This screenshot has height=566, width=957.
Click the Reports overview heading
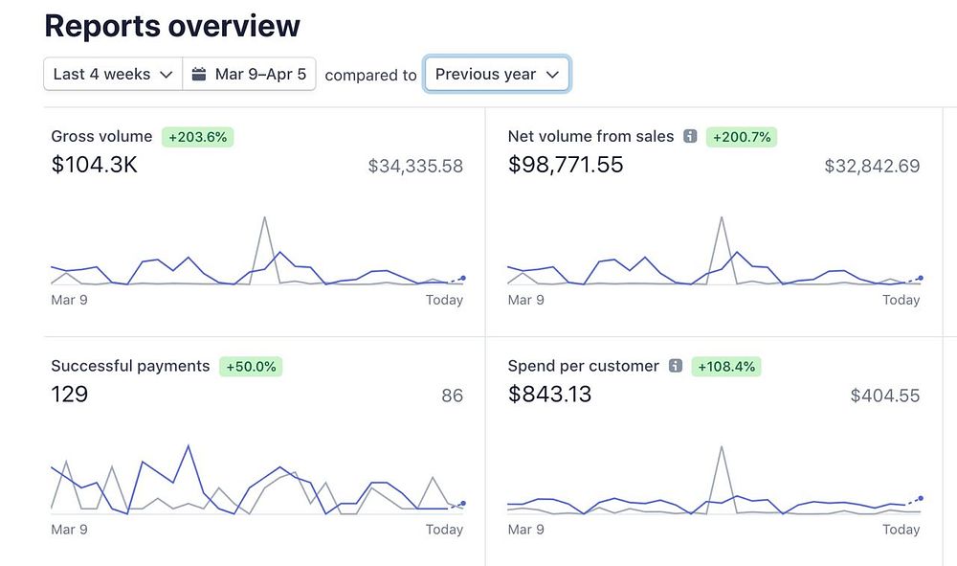pos(172,26)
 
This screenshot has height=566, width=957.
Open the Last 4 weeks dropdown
pos(113,74)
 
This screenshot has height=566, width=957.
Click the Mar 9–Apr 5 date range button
pos(249,74)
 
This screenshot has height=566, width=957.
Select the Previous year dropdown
pos(497,74)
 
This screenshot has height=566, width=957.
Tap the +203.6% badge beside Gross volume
pos(197,137)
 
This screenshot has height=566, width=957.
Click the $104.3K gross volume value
pos(94,165)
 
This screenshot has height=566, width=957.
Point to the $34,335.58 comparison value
pos(415,166)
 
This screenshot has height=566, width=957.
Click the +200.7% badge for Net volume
pos(741,137)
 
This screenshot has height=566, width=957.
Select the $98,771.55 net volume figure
pos(566,165)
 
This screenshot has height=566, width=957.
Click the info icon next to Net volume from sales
pos(690,137)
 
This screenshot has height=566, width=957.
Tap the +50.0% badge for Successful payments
pos(252,366)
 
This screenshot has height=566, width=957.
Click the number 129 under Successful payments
pos(69,394)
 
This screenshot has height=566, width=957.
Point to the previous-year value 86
pos(452,395)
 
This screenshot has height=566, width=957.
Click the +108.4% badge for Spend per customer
pos(726,366)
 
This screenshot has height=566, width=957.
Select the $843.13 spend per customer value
pos(549,394)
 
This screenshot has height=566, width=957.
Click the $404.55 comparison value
pos(885,395)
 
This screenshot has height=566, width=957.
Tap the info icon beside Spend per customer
pos(676,366)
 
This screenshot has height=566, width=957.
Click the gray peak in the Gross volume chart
pos(264,218)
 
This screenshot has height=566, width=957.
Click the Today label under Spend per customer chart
pos(901,530)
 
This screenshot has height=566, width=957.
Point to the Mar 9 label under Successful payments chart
pos(69,530)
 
